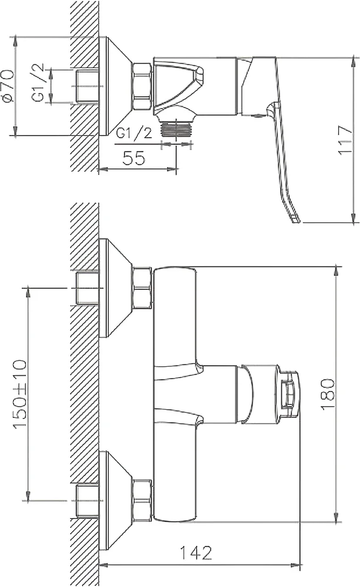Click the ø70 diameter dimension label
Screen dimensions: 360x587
(8, 86)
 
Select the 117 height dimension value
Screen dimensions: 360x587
(345, 140)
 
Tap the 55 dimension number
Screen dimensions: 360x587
(134, 158)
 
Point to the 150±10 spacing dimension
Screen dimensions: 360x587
(20, 393)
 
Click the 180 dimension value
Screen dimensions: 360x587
(328, 394)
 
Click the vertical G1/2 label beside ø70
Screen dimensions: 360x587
(38, 83)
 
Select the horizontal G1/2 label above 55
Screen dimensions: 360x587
(134, 133)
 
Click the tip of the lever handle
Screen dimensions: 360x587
(297, 220)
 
